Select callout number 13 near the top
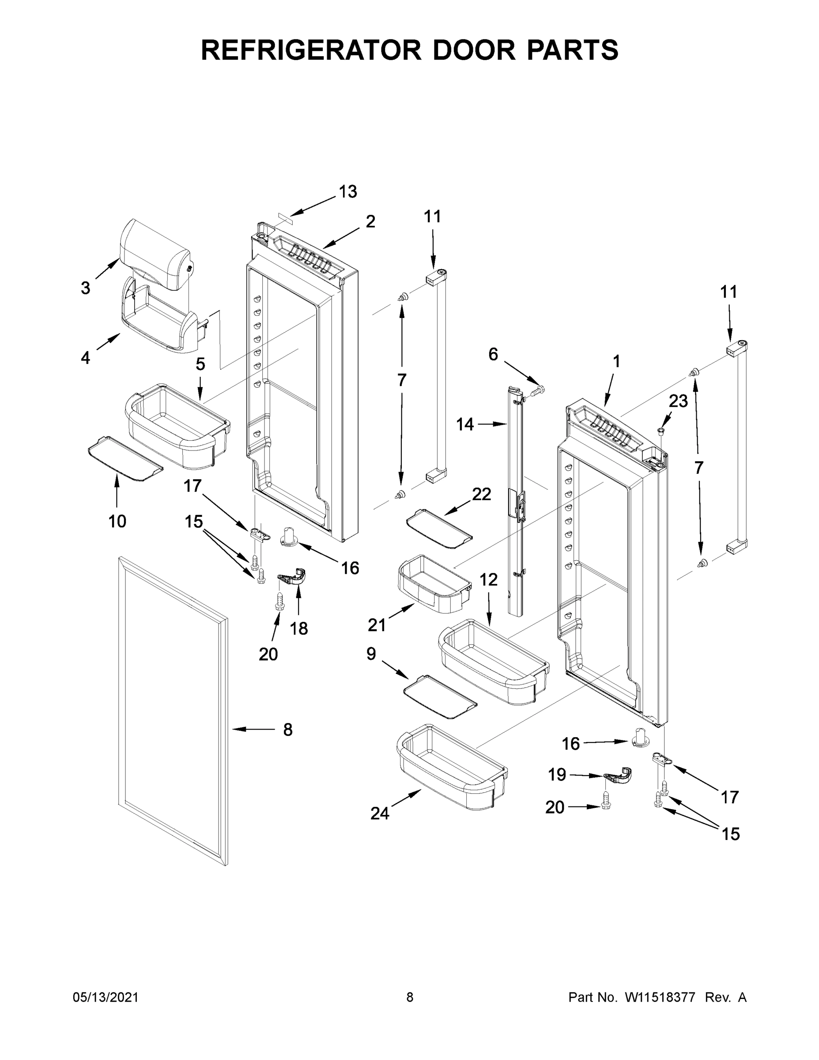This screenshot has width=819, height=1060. click(348, 192)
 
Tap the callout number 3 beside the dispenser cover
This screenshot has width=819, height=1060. click(85, 288)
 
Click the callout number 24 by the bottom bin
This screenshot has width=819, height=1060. click(379, 813)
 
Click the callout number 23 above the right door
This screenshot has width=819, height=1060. click(678, 401)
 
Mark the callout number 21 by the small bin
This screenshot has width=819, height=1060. click(377, 625)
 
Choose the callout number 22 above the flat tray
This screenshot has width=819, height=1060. click(481, 494)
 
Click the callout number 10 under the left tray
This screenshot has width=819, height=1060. click(117, 521)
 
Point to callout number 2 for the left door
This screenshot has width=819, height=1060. click(370, 222)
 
